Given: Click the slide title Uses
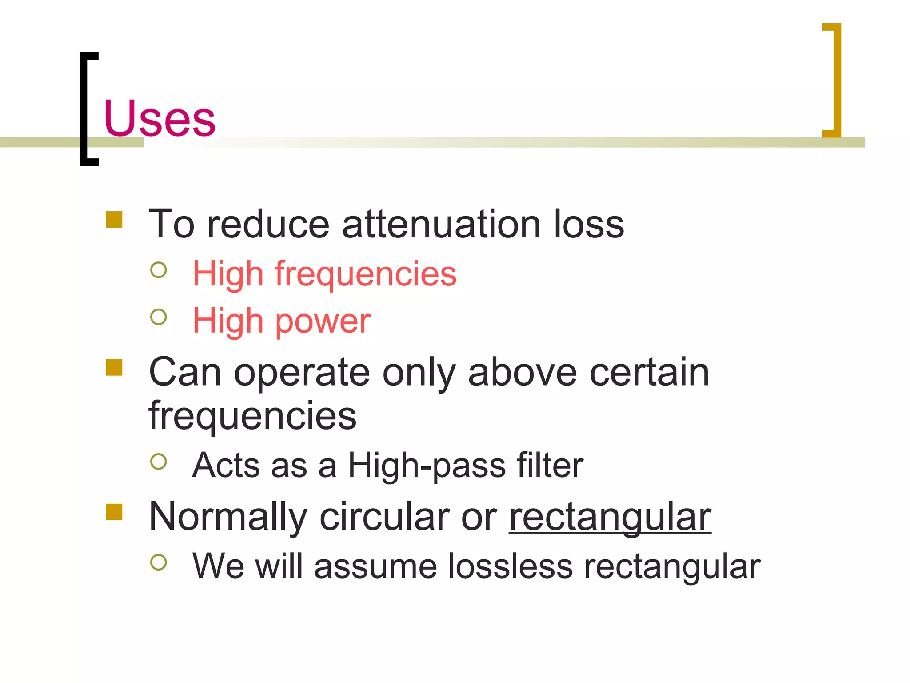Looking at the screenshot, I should [160, 118].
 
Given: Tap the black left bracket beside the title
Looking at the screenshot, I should [84, 109].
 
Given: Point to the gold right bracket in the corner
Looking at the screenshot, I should [835, 80].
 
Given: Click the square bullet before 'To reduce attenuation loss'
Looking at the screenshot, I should [114, 220].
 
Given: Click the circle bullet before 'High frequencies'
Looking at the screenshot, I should [159, 270].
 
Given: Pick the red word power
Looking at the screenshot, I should [323, 321].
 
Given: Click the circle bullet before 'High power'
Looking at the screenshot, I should [159, 317].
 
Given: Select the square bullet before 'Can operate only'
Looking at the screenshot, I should [114, 368].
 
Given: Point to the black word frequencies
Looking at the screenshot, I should [252, 416].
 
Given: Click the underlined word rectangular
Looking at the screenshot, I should [610, 518].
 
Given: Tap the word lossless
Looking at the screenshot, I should [510, 566].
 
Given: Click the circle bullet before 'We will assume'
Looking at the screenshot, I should [159, 562].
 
